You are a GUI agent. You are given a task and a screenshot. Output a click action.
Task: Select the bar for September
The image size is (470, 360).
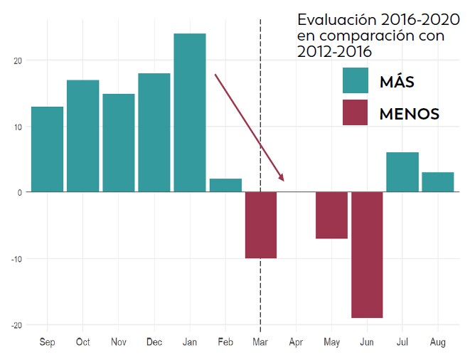[x=47, y=149]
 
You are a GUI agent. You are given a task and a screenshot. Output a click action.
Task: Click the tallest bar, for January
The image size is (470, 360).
[x=189, y=112]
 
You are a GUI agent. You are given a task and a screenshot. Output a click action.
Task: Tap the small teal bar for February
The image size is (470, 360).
[x=225, y=185]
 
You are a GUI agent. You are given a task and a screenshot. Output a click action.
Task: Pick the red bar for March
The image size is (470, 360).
[x=261, y=225]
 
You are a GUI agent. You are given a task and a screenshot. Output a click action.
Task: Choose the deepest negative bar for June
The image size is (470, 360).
[x=367, y=255]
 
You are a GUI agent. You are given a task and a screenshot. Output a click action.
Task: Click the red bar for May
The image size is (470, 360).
[x=331, y=215]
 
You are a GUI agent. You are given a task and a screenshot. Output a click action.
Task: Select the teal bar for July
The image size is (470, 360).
[x=402, y=172]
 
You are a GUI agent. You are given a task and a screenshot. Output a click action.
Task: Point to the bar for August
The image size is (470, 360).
[x=437, y=182]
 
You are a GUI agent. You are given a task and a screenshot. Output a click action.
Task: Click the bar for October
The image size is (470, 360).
[x=82, y=136]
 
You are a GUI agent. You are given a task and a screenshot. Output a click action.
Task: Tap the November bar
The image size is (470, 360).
[x=118, y=143]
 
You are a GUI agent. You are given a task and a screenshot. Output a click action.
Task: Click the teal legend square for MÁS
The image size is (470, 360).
[x=355, y=80]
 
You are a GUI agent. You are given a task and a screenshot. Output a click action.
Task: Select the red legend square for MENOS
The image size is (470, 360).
[x=355, y=112]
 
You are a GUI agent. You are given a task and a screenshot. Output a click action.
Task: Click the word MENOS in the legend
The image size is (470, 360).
[x=409, y=113]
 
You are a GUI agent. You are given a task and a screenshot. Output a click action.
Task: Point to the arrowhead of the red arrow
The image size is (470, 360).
[x=282, y=178]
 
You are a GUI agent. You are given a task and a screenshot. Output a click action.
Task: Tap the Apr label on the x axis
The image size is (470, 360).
[x=296, y=342]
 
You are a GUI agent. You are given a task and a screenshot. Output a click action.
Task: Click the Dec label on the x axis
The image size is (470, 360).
[x=154, y=342]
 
